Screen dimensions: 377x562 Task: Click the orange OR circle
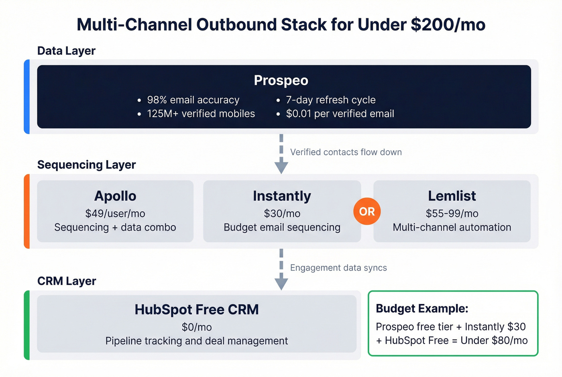pos(367,212)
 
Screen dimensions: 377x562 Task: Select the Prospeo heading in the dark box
pos(281,80)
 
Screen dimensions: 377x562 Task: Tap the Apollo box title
pos(115,196)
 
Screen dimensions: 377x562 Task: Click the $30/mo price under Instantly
pos(282,214)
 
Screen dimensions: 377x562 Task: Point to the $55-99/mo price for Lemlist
pos(452,214)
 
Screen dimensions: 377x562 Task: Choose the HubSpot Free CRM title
pos(197,310)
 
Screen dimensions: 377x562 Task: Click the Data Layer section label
pos(66,51)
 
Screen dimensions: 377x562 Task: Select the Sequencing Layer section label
pos(86,165)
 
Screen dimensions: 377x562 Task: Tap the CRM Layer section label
pos(67,281)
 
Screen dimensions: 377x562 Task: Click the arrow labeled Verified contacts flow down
pos(281,155)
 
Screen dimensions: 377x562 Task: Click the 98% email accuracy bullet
pos(193,100)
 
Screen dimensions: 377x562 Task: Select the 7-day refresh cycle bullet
pos(330,100)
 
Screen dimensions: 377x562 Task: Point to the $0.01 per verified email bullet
pos(340,114)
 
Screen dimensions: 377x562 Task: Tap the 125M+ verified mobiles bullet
pos(201,114)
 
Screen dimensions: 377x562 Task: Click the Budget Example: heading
pos(422,308)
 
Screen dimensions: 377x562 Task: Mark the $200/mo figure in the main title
pos(448,25)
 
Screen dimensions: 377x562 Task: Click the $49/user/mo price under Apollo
pos(115,214)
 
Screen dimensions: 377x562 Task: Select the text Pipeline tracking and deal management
pos(197,341)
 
